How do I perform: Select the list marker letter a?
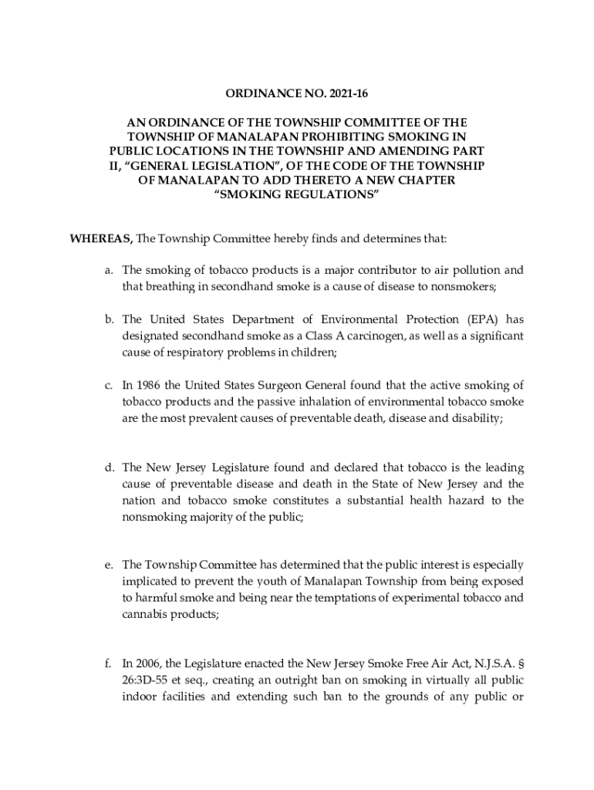click(x=110, y=271)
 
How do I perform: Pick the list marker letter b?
click(x=110, y=319)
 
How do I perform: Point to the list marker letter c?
click(x=110, y=385)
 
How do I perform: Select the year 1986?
click(x=147, y=385)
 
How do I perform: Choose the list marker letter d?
click(x=110, y=468)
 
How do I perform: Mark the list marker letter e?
click(x=110, y=566)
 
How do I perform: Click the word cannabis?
click(x=147, y=615)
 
